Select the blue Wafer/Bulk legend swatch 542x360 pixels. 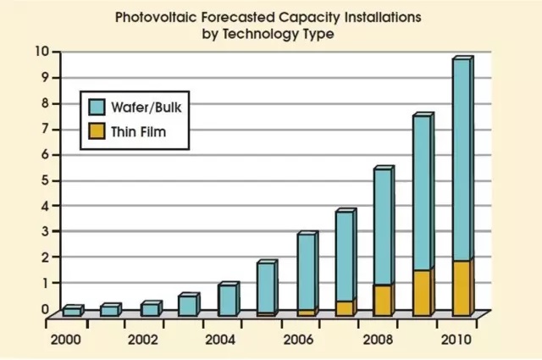click(97, 107)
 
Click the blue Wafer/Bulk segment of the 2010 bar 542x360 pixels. click(461, 161)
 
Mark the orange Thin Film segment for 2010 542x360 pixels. click(461, 289)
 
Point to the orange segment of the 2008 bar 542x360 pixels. click(383, 301)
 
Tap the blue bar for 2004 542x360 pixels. click(227, 301)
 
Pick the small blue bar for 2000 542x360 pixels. click(72, 312)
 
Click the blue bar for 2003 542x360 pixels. click(188, 306)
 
